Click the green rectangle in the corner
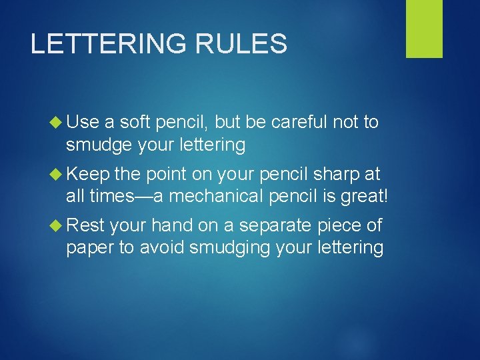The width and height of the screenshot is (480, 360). coord(424,29)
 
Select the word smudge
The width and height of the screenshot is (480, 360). coord(100,145)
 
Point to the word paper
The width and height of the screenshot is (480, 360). coord(89,249)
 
